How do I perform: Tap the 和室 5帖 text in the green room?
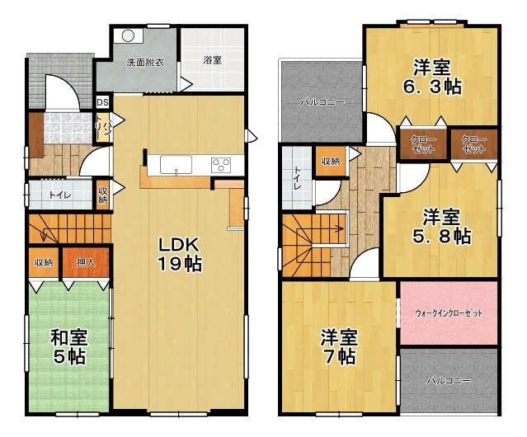point(69,347)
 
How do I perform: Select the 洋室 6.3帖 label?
point(433,76)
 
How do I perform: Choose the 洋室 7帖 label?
point(339,347)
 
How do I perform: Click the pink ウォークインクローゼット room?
point(449,314)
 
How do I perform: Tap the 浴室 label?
point(213,60)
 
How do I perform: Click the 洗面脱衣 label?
point(144,62)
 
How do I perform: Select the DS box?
point(102,102)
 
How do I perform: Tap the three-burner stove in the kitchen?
point(223,163)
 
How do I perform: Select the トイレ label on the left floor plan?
point(59,195)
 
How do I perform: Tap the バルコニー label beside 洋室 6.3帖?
point(321,101)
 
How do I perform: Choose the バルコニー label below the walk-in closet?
point(449,382)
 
